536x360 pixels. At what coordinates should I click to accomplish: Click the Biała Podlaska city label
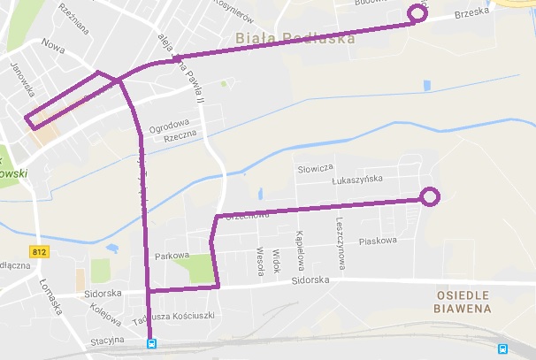(x=296, y=39)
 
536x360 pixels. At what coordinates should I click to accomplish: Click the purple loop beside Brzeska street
(x=417, y=14)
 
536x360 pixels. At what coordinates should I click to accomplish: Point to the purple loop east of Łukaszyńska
(x=430, y=197)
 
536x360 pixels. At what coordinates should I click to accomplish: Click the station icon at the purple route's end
(x=151, y=344)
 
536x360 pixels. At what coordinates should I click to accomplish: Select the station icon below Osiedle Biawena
(x=502, y=349)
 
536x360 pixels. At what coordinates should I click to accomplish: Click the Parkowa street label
(x=172, y=257)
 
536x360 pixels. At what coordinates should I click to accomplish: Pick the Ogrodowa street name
(x=169, y=125)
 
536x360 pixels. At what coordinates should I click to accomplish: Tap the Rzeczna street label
(x=180, y=137)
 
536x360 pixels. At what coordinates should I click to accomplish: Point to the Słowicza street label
(x=315, y=167)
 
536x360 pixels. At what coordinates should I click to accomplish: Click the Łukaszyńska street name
(x=356, y=180)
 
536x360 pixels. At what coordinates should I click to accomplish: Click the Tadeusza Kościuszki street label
(x=173, y=316)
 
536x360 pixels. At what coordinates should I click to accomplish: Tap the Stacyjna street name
(x=106, y=339)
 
